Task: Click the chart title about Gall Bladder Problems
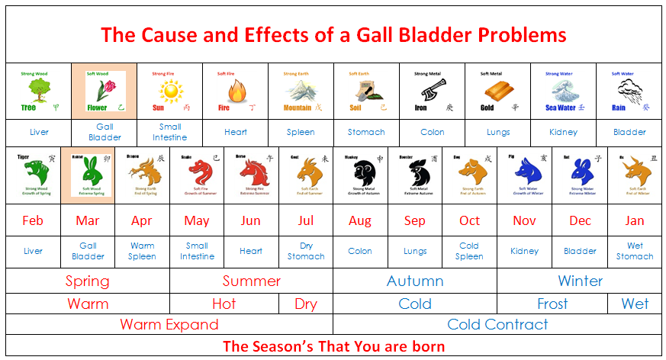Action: click(x=333, y=34)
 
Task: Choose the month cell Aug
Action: click(x=359, y=221)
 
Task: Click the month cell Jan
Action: click(x=635, y=221)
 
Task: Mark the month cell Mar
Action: click(x=88, y=221)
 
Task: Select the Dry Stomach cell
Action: click(x=306, y=251)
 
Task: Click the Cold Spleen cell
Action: click(x=469, y=251)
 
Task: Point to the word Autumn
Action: click(x=415, y=281)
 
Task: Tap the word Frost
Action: click(x=552, y=304)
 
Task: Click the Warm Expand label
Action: click(x=169, y=324)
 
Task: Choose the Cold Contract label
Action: click(x=497, y=324)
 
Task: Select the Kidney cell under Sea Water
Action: click(x=563, y=132)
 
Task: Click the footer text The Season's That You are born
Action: click(x=333, y=346)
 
